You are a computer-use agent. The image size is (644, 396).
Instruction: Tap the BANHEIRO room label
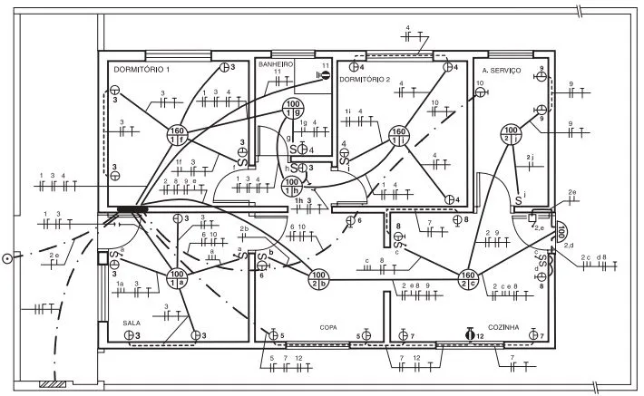coord(276,65)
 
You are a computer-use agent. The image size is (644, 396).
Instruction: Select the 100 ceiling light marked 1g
coord(293,109)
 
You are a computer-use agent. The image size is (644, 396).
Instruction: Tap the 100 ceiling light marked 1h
coord(292,187)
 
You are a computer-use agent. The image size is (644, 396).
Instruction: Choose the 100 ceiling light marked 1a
coord(176,278)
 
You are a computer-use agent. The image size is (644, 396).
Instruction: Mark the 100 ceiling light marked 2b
coord(318,279)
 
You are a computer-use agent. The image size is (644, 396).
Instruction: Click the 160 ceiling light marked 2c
coord(468,279)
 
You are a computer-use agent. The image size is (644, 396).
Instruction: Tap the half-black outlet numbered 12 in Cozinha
coord(470,334)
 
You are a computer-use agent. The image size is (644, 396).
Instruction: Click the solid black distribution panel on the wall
coord(132,210)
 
